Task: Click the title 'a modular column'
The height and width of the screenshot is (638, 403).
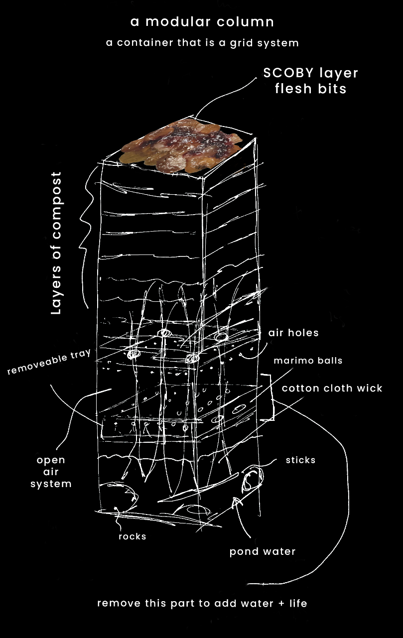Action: (x=202, y=22)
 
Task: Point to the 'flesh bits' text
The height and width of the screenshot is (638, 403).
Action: (x=311, y=90)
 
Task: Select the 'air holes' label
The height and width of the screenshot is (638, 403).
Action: (x=293, y=333)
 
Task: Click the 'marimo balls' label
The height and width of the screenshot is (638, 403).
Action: (x=308, y=360)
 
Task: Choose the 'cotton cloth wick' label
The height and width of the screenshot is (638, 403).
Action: (x=332, y=388)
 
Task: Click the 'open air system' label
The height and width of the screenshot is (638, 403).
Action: (x=51, y=472)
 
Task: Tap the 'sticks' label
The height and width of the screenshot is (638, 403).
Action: (x=300, y=460)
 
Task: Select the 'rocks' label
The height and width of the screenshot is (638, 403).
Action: (x=132, y=536)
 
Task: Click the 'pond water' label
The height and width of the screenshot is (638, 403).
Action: (x=262, y=551)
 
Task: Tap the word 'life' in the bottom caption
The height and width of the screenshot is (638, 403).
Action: (x=297, y=604)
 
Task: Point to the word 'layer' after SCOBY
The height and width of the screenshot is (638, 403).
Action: (x=338, y=73)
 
